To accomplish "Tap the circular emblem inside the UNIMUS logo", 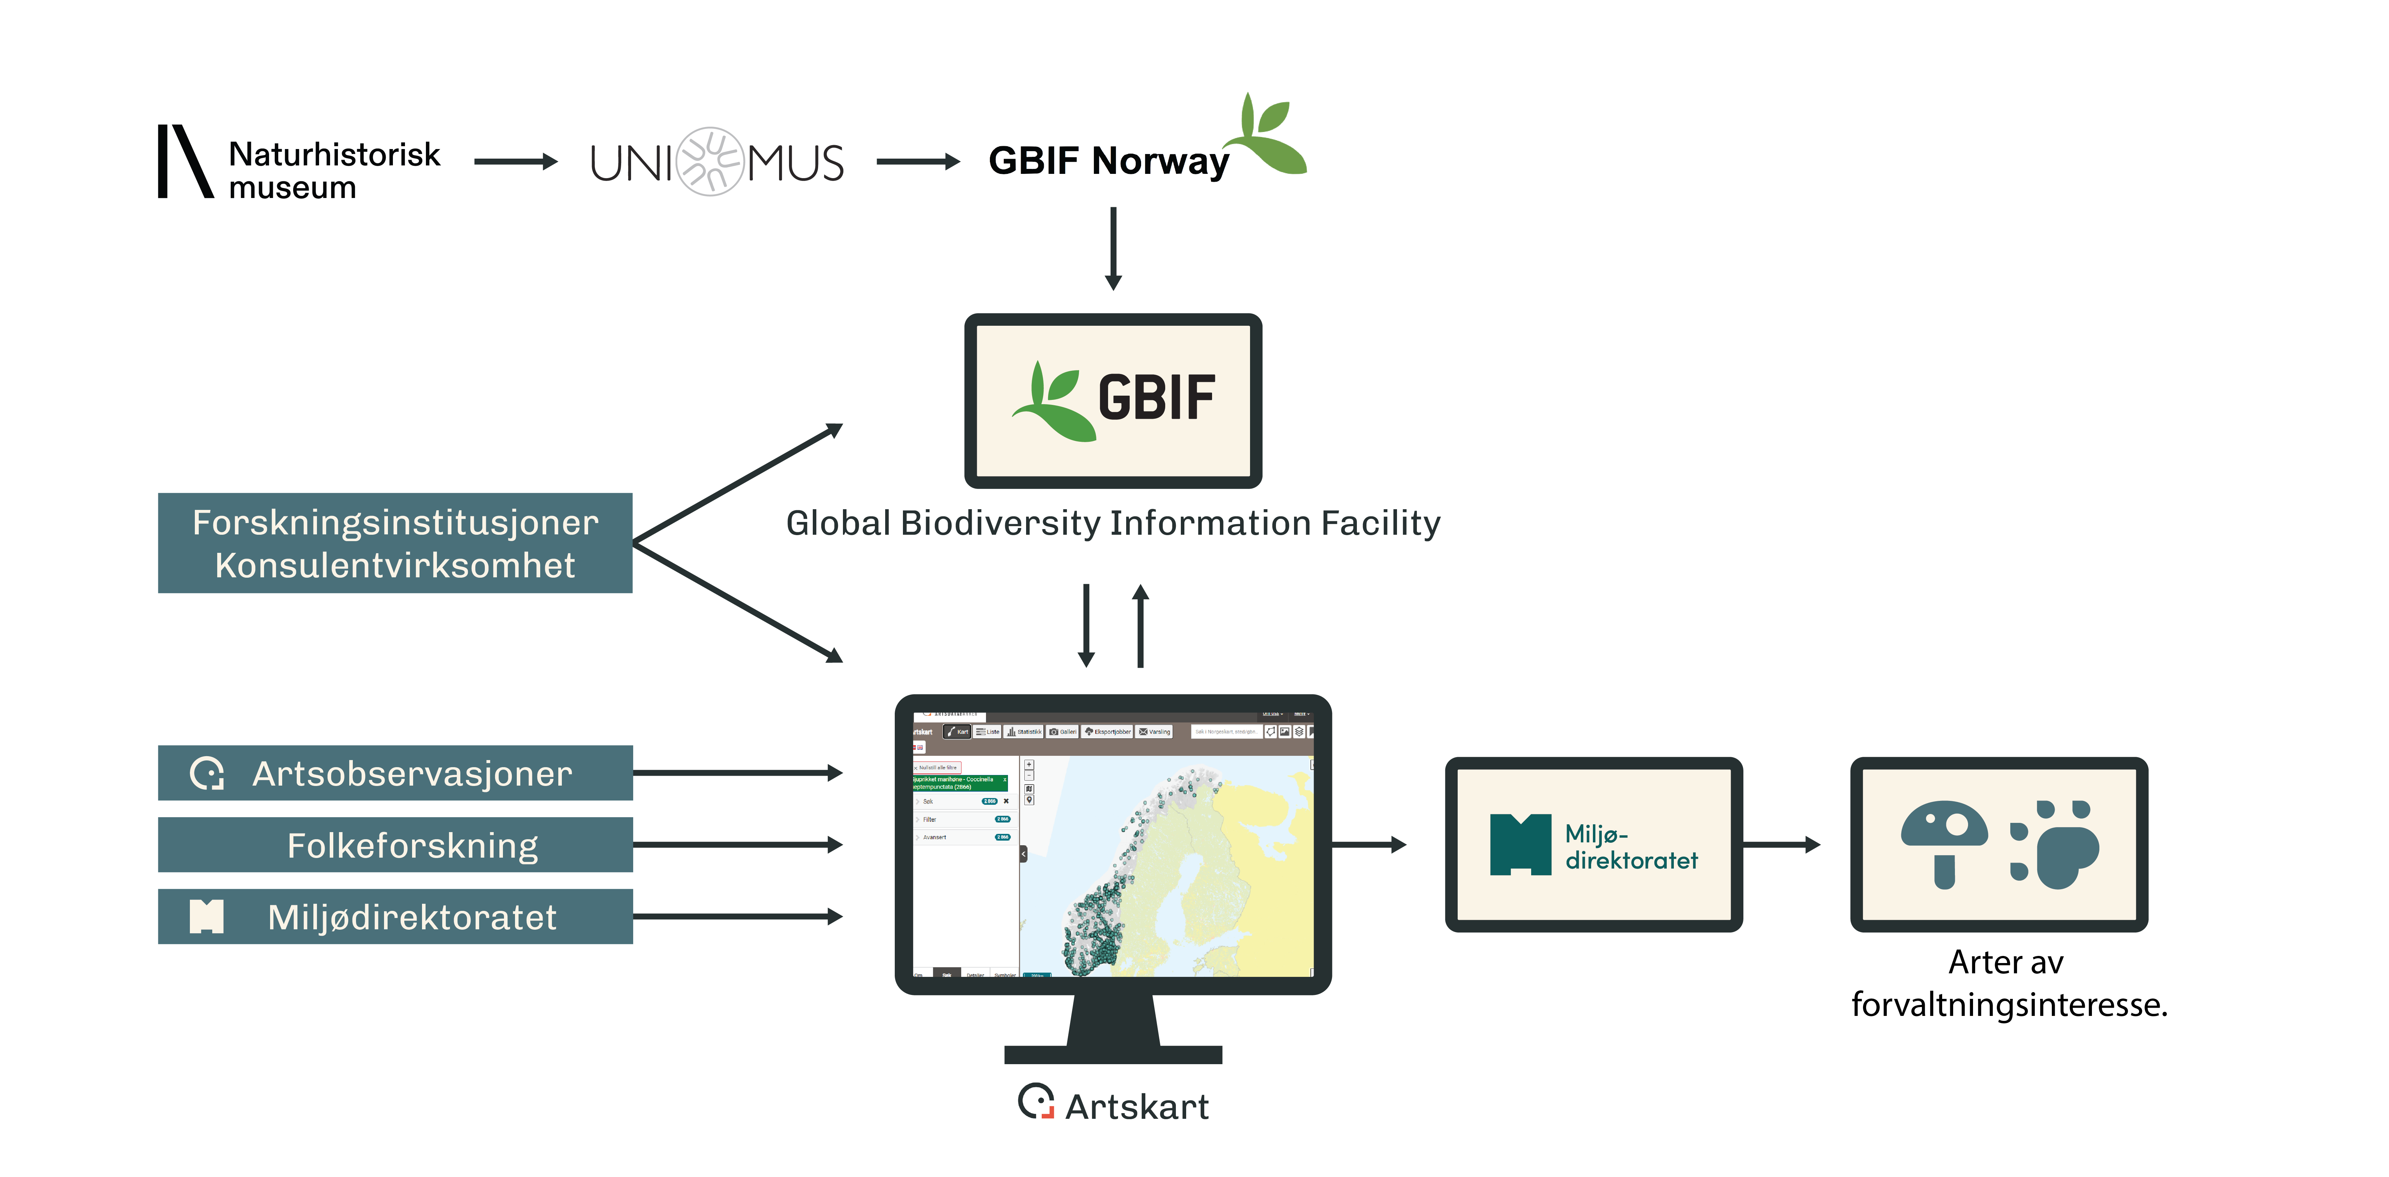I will [x=711, y=161].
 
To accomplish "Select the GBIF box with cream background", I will [x=1113, y=401].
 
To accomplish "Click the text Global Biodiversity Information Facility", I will [x=1113, y=523].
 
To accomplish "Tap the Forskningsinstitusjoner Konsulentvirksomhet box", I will [x=395, y=544].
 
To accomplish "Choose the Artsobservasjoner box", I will [x=395, y=772].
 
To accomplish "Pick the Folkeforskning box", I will [x=395, y=845].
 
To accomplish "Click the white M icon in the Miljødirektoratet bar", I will [x=206, y=917].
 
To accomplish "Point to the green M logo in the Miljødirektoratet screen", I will [x=1520, y=844].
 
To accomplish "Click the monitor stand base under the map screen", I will [x=1113, y=1054].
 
